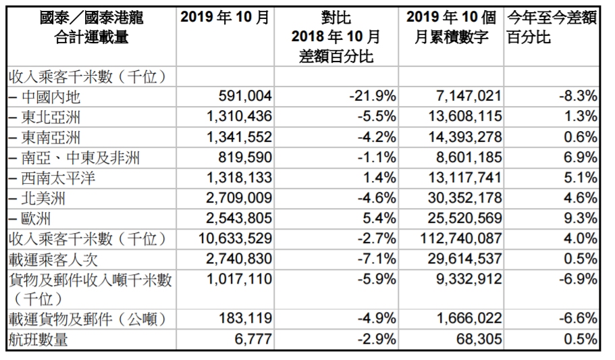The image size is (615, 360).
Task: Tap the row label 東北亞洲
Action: [x=51, y=118]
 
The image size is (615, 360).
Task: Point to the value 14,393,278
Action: [x=462, y=138]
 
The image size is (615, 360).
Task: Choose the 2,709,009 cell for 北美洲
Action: [x=235, y=199]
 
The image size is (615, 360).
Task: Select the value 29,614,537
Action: [x=462, y=259]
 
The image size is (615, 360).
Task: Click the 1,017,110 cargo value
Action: [x=235, y=280]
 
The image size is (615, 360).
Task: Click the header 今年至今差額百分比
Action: [x=552, y=28]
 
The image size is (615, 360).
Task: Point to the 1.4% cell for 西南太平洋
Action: [x=379, y=178]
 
